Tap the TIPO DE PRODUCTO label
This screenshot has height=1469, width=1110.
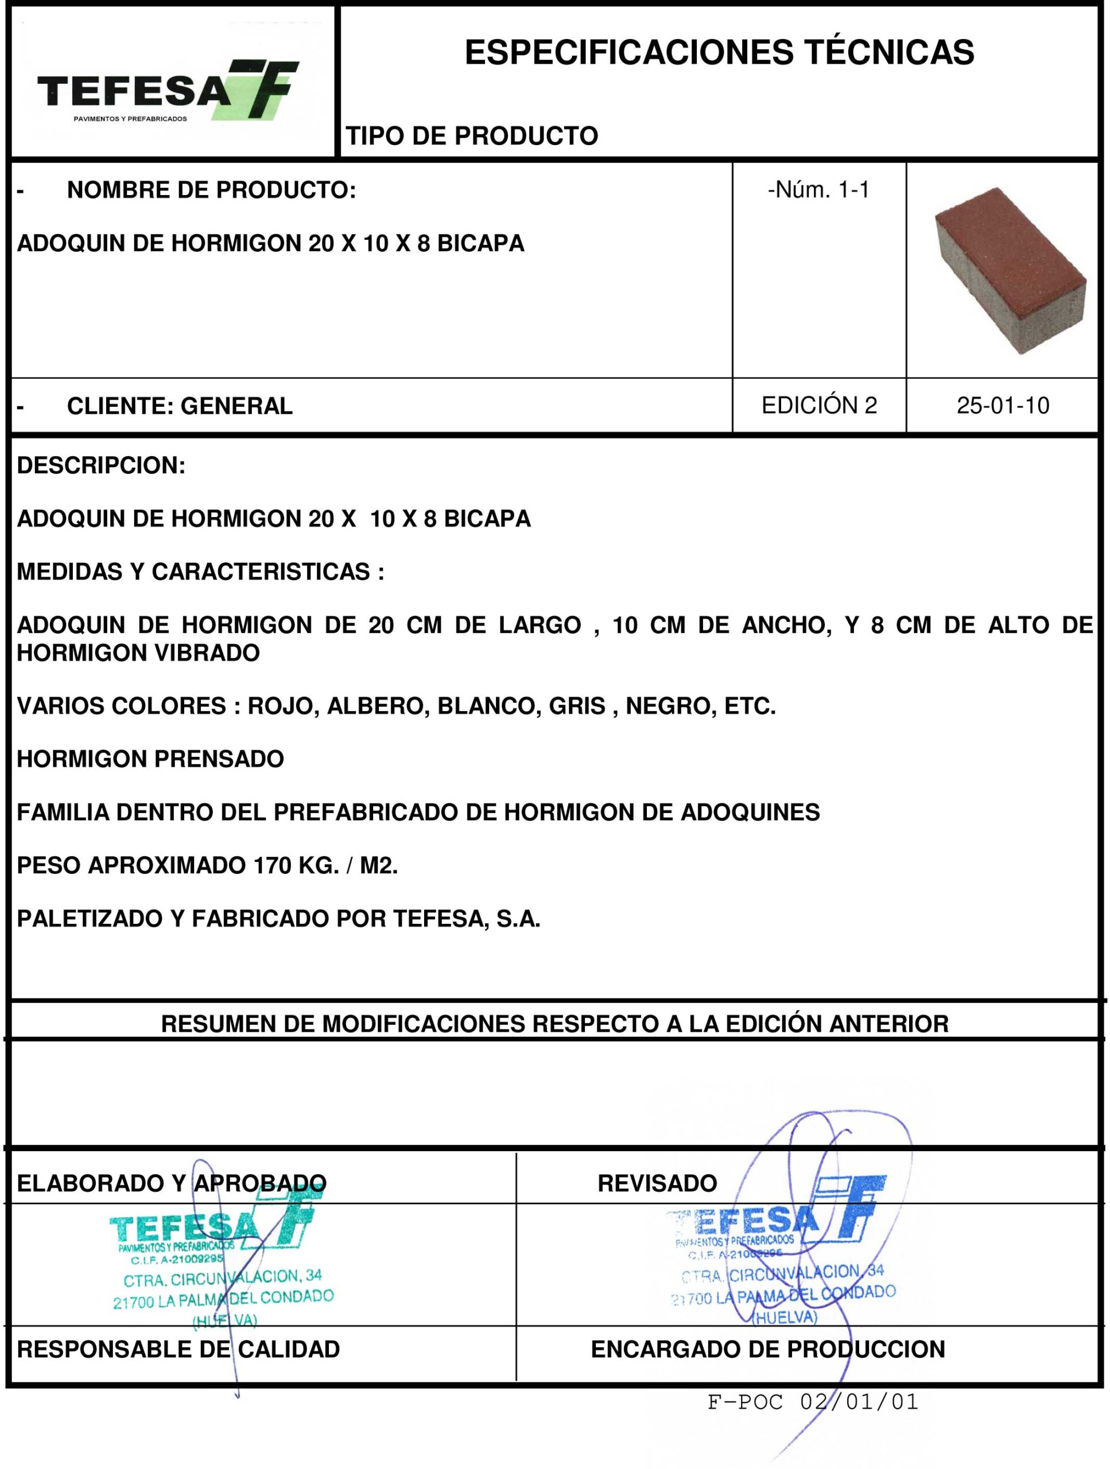pyautogui.click(x=472, y=136)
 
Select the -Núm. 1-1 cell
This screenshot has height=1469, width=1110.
pyautogui.click(x=818, y=191)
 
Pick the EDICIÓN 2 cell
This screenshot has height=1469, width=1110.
pyautogui.click(x=818, y=405)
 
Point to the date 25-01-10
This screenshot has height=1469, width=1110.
pyautogui.click(x=1003, y=406)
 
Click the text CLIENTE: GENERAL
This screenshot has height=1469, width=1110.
pyautogui.click(x=179, y=406)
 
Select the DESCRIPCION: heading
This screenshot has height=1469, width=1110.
pyautogui.click(x=101, y=465)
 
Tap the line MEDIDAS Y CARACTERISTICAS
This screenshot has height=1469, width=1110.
pyautogui.click(x=200, y=572)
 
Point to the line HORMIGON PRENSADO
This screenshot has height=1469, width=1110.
pyautogui.click(x=150, y=759)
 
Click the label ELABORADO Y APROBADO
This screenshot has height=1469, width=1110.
pyautogui.click(x=172, y=1183)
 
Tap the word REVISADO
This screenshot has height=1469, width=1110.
pyautogui.click(x=657, y=1183)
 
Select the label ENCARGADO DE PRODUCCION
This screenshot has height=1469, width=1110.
pyautogui.click(x=767, y=1350)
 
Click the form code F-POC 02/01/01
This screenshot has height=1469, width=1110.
pyautogui.click(x=812, y=1402)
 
